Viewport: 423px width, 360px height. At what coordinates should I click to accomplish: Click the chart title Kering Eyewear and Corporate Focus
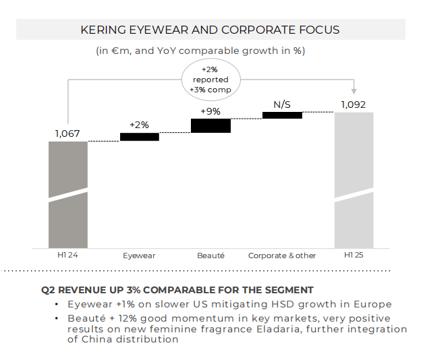(210, 30)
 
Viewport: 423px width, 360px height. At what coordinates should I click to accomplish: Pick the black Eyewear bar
(140, 137)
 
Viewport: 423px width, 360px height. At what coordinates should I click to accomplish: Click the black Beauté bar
(211, 125)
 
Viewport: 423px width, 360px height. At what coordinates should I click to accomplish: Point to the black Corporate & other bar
(282, 115)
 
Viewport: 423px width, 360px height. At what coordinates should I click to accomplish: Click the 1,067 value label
(67, 133)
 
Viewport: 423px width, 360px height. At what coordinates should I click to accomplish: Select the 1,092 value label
(354, 104)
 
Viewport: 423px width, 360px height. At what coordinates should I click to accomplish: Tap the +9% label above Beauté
(210, 111)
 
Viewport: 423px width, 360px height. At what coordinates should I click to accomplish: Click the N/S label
(281, 104)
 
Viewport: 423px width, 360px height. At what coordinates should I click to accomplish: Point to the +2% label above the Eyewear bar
(139, 125)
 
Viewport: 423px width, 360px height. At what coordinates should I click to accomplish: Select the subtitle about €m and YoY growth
(210, 51)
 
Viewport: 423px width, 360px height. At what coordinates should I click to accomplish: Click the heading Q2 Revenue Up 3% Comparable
(177, 290)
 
